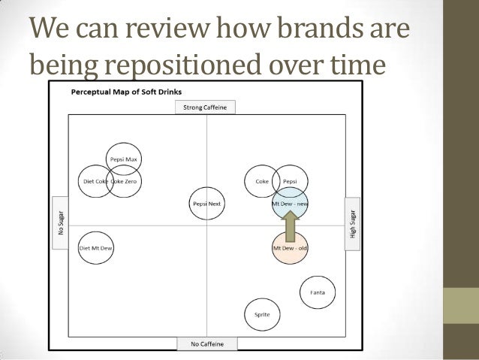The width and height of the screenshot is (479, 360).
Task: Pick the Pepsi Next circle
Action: tap(205, 203)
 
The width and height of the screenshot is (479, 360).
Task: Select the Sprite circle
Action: tap(263, 315)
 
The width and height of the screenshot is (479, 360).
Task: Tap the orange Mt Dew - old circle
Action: tap(290, 248)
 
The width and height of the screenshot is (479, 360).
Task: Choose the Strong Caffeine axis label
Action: tap(206, 107)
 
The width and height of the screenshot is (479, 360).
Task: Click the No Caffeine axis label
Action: tap(206, 344)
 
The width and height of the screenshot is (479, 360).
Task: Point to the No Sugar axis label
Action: tap(60, 218)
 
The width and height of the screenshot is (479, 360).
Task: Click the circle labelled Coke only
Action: tap(261, 181)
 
